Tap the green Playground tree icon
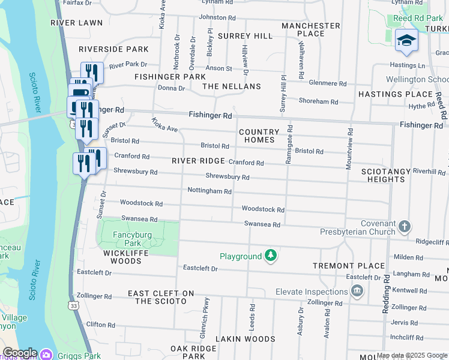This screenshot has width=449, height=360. tap(271, 256)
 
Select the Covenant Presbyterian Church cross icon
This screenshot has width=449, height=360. tap(405, 226)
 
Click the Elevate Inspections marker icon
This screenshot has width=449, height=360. tap(357, 292)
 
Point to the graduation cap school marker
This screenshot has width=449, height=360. tap(406, 40)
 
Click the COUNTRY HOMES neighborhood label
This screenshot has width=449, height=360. tap(259, 136)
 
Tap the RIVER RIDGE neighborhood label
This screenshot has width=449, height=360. tap(198, 161)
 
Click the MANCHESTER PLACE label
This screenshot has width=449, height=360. tap(311, 29)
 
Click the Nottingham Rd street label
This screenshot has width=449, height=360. tap(209, 191)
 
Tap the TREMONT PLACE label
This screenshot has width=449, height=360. tap(349, 265)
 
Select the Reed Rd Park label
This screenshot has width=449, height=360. tap(418, 19)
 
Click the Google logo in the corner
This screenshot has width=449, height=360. tap(19, 353)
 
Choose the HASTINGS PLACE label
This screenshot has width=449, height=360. tap(396, 94)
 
